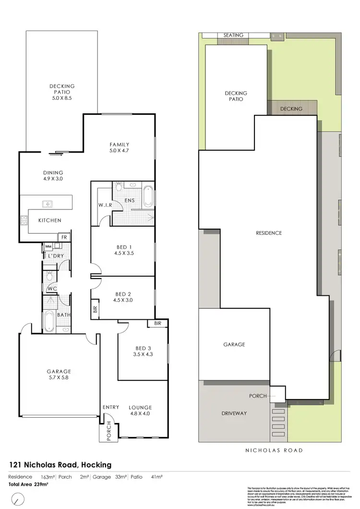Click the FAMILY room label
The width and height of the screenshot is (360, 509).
(120, 145)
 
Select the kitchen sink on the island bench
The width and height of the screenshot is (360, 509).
(48, 204)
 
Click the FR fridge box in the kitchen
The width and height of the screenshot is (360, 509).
(63, 237)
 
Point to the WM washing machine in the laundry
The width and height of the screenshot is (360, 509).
(48, 247)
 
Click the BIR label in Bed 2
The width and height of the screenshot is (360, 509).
(94, 310)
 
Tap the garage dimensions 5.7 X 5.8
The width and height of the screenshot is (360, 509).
(59, 377)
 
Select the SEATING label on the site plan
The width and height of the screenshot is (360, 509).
(234, 35)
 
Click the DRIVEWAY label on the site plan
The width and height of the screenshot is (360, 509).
(234, 413)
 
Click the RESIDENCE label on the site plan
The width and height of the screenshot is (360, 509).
(268, 233)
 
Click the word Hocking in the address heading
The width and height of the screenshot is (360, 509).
(96, 465)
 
